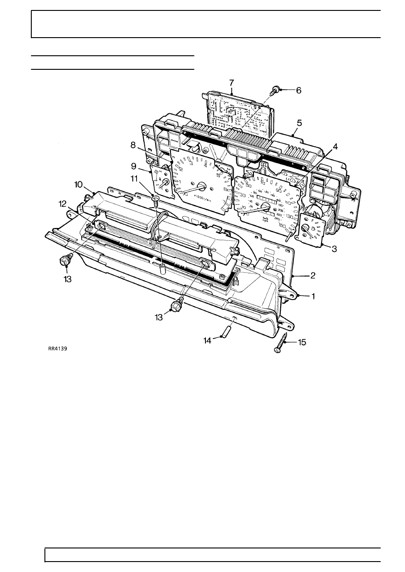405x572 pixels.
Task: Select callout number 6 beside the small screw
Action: point(298,90)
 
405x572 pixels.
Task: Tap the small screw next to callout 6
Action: point(275,90)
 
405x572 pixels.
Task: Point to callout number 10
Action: point(78,185)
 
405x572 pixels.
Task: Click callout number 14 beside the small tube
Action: point(207,340)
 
